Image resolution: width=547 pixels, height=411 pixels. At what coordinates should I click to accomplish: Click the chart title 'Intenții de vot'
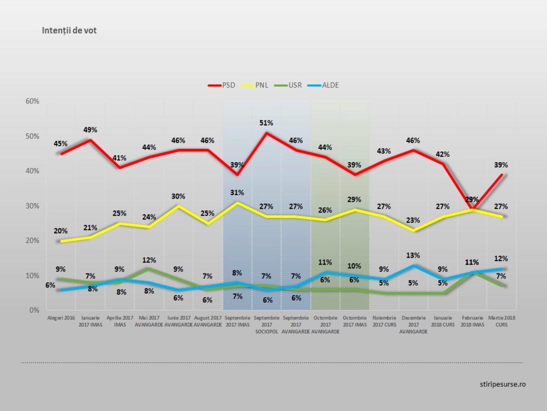[x=69, y=30]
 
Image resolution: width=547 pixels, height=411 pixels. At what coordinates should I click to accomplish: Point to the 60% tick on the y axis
[x=32, y=101]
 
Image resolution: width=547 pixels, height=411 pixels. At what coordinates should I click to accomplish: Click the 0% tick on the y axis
[x=34, y=310]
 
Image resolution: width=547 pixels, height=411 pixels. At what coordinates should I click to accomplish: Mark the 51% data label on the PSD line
[x=266, y=123]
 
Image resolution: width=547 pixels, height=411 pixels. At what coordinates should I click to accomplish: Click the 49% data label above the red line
[x=90, y=130]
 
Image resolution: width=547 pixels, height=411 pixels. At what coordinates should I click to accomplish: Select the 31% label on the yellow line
[x=237, y=193]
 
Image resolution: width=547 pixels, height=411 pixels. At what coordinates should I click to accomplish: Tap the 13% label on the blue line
[x=413, y=256]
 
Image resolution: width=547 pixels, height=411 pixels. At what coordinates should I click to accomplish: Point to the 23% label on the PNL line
[x=413, y=220]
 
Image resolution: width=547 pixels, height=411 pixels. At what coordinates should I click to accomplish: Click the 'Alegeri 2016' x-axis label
[x=61, y=318]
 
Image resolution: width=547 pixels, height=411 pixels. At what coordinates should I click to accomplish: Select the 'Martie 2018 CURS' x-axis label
[x=502, y=321]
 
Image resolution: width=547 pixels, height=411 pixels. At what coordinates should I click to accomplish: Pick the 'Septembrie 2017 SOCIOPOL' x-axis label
[x=267, y=325]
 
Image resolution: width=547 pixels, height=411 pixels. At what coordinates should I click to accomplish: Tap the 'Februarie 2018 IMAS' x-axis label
[x=472, y=321]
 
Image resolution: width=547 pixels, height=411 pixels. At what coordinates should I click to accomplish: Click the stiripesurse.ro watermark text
[x=503, y=384]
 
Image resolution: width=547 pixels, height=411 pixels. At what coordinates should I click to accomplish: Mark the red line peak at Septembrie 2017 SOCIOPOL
[x=267, y=133]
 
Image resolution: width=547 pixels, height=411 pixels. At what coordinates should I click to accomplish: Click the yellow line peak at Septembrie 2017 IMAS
[x=237, y=202]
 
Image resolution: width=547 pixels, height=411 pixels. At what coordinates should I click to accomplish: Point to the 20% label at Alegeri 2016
[x=61, y=231]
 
